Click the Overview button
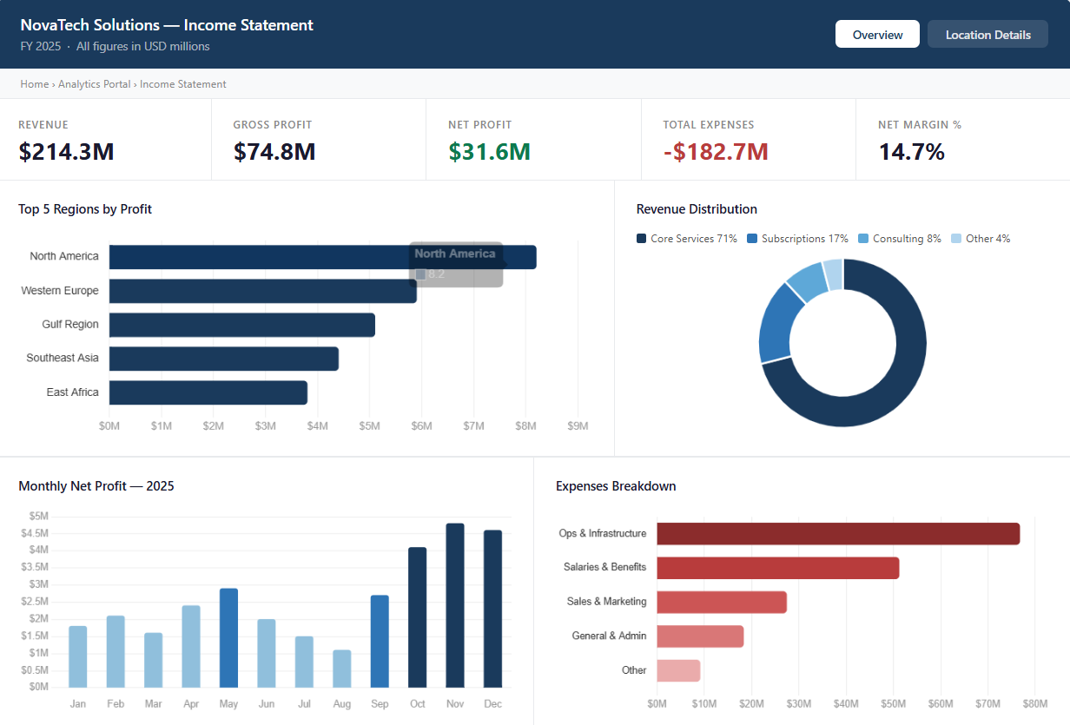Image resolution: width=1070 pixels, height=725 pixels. click(x=877, y=35)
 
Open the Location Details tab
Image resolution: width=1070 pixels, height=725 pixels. click(x=987, y=35)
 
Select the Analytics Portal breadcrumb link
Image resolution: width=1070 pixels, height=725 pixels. click(x=95, y=84)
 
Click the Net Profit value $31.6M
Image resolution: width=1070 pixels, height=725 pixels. click(x=489, y=152)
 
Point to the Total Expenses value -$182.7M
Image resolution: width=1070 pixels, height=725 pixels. click(x=716, y=152)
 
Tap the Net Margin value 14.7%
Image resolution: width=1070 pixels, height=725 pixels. click(x=911, y=152)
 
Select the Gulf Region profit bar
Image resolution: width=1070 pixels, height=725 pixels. click(x=242, y=325)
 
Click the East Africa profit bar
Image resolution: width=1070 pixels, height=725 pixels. click(x=208, y=392)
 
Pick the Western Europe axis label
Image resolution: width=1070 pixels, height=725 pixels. click(x=60, y=291)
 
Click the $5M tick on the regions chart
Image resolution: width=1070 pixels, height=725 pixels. click(x=369, y=426)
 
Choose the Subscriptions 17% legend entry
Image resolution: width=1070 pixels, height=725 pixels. click(x=797, y=239)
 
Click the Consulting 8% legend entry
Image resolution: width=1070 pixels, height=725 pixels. click(x=900, y=239)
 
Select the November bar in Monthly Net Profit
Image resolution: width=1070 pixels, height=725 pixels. click(x=455, y=605)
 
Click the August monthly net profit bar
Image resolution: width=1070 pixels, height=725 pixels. click(x=342, y=669)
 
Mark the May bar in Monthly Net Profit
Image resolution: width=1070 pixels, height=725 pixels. click(x=228, y=638)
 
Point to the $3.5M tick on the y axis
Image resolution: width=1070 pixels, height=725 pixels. click(x=38, y=567)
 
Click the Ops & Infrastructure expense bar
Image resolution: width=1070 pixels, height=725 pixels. click(x=838, y=534)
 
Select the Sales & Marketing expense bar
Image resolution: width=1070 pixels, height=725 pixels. click(x=722, y=602)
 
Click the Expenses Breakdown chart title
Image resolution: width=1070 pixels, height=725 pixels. click(x=616, y=486)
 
